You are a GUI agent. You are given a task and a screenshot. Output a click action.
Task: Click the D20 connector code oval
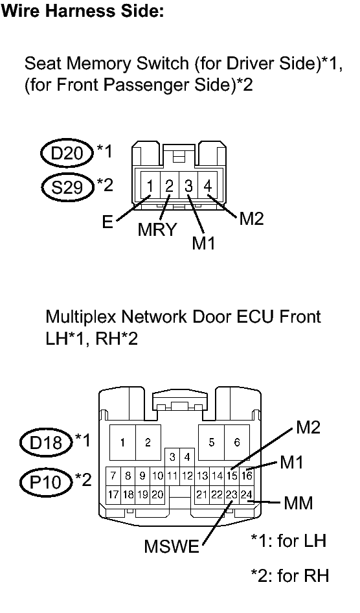click(x=66, y=155)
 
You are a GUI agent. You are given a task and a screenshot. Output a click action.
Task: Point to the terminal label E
click(x=107, y=224)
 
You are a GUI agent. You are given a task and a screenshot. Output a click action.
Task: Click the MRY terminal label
click(x=157, y=231)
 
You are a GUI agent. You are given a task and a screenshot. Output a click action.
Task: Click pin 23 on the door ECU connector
click(x=231, y=494)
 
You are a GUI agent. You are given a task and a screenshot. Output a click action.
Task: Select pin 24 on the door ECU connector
click(x=246, y=494)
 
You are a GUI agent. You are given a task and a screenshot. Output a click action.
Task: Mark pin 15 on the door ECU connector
click(x=231, y=476)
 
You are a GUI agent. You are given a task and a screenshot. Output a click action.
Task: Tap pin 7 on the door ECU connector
click(x=113, y=476)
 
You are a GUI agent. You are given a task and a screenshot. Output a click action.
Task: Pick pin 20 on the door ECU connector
click(x=157, y=494)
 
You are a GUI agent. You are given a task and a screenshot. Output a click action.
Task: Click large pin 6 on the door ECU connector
click(x=237, y=442)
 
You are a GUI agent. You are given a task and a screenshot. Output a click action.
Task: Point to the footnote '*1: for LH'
click(x=287, y=540)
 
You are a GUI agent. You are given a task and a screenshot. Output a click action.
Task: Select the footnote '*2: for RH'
click(x=289, y=575)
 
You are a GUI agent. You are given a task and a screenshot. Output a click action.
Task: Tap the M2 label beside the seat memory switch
click(x=251, y=219)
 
